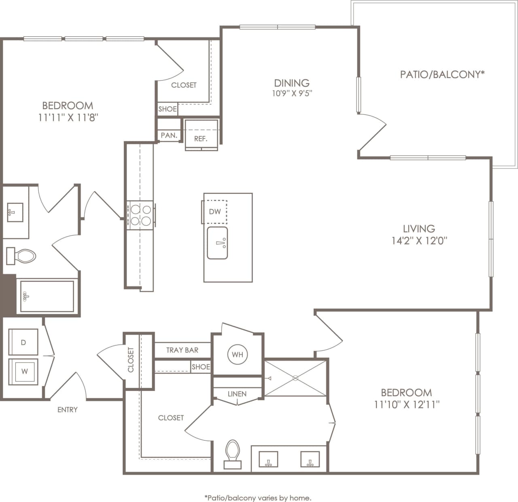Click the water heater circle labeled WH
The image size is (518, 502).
[x=238, y=354]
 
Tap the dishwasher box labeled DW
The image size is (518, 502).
[x=215, y=211]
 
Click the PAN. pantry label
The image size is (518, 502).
[x=169, y=135]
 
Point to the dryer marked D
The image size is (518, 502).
[x=23, y=342]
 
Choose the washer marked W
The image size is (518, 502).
[x=24, y=371]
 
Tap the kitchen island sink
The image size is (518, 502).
[x=217, y=243]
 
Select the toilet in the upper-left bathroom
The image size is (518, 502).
[x=21, y=256]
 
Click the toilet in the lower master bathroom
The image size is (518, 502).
[x=232, y=453]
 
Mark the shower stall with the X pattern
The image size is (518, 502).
[x=295, y=378]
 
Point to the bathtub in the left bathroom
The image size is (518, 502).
[x=47, y=296]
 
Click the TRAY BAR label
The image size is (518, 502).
[x=182, y=350]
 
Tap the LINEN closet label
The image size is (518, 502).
[x=237, y=394]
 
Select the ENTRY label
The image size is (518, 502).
[x=67, y=410]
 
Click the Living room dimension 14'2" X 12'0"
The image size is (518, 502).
[x=419, y=241]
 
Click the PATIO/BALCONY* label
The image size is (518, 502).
[x=442, y=74]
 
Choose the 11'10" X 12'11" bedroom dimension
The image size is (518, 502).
[x=407, y=404]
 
